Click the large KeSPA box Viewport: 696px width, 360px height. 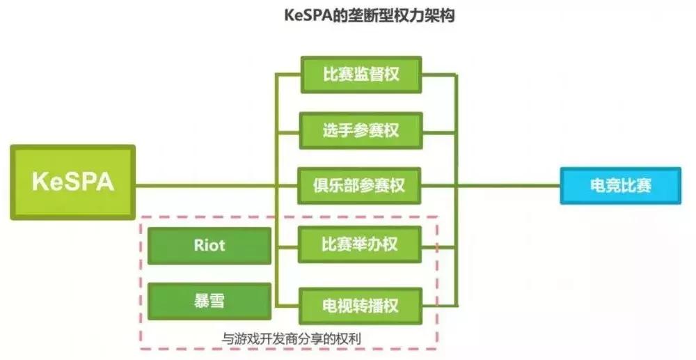tap(72, 182)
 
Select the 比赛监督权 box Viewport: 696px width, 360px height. tap(361, 74)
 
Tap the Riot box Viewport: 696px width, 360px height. tap(209, 245)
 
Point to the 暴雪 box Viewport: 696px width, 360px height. tap(209, 301)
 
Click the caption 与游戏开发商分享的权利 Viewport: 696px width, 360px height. tap(292, 338)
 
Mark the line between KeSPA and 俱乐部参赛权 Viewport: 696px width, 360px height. tap(209, 185)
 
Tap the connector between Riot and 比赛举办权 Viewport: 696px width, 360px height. tap(285, 246)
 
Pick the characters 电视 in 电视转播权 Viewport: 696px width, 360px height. tap(335, 304)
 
